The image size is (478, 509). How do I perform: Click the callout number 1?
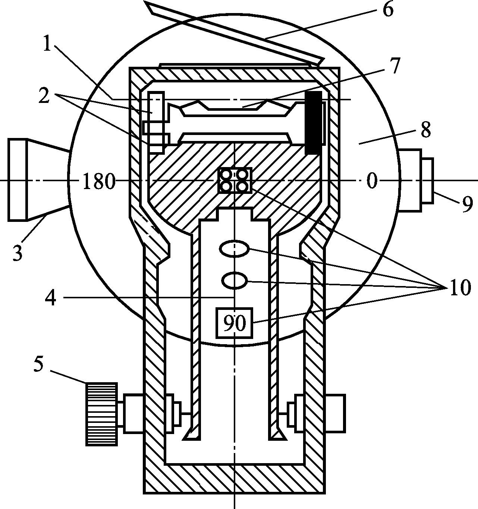tap(47, 44)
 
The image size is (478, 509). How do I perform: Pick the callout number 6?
tap(387, 10)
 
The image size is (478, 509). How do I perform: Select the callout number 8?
tap(425, 130)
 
